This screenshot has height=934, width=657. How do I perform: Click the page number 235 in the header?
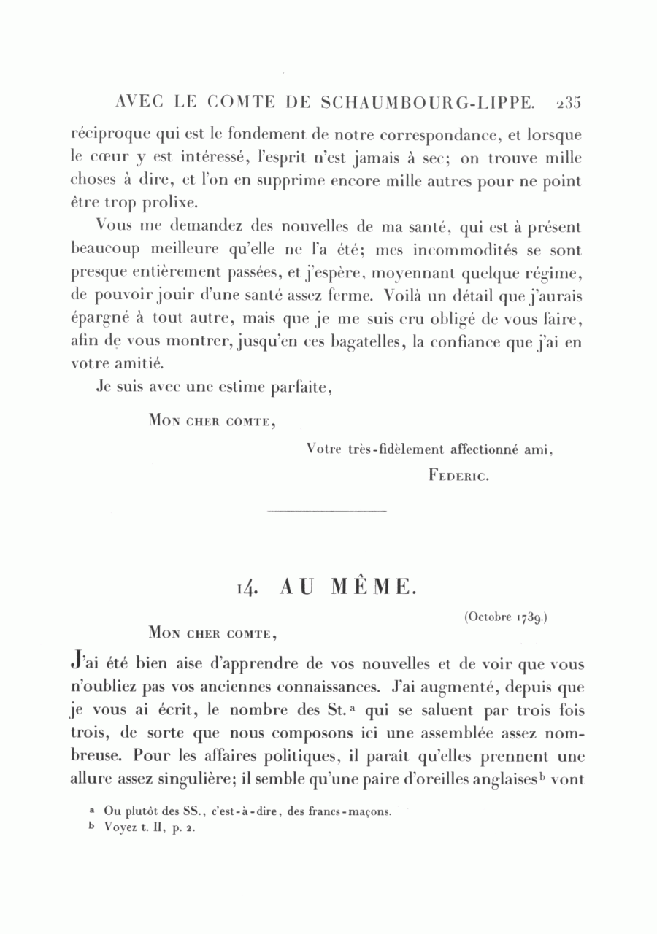tap(567, 103)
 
